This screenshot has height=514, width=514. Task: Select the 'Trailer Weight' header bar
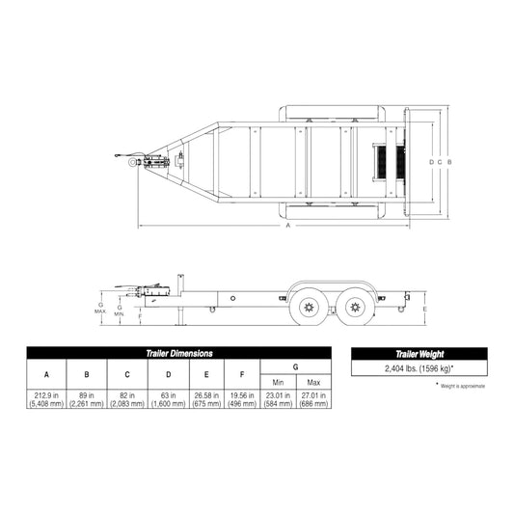tap(418, 354)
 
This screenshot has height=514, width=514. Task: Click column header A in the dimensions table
tap(46, 374)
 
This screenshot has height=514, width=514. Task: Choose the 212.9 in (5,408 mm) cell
tap(46, 400)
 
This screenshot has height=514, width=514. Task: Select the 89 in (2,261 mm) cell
tap(87, 400)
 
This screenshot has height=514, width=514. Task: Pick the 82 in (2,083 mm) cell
tap(127, 400)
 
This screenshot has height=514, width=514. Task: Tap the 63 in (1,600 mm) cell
tap(168, 400)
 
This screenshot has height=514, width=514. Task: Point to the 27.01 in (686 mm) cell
tap(312, 400)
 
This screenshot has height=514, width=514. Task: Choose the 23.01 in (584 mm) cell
tap(277, 400)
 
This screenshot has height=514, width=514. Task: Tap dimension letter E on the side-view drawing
tap(424, 308)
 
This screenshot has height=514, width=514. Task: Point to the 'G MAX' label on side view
tap(100, 308)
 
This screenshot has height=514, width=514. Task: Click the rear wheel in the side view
tap(354, 308)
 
